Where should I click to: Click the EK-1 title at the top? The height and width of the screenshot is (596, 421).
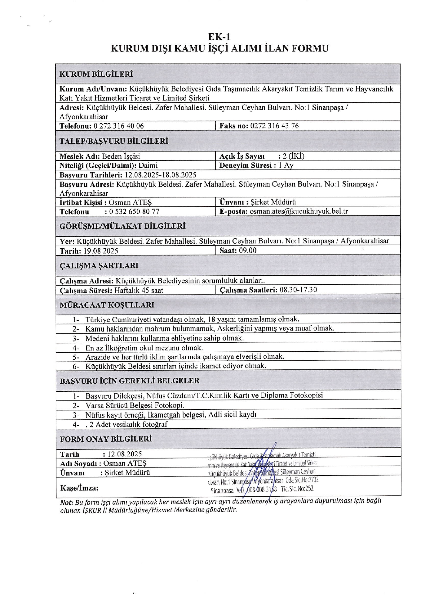click(x=219, y=37)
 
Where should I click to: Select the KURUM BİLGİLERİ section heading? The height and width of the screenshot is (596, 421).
click(x=96, y=74)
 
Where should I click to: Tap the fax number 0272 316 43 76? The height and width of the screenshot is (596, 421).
click(x=274, y=126)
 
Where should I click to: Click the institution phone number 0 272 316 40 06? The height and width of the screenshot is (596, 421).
click(x=118, y=126)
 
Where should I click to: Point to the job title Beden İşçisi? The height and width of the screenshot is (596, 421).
click(x=121, y=156)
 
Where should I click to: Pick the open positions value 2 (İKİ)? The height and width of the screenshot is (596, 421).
click(x=291, y=156)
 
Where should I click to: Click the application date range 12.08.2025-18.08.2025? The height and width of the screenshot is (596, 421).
click(x=160, y=175)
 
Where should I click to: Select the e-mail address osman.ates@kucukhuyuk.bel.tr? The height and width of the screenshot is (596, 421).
click(x=299, y=211)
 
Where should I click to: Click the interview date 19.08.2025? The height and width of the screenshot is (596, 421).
click(x=101, y=251)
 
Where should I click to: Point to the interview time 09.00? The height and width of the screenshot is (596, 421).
click(x=248, y=251)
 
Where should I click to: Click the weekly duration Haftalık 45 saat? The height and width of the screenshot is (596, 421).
click(x=139, y=291)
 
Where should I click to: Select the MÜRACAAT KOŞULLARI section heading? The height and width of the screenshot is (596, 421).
click(x=107, y=305)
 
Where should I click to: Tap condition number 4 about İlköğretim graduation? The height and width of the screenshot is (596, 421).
click(x=144, y=348)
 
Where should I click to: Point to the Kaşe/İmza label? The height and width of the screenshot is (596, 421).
click(x=79, y=488)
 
